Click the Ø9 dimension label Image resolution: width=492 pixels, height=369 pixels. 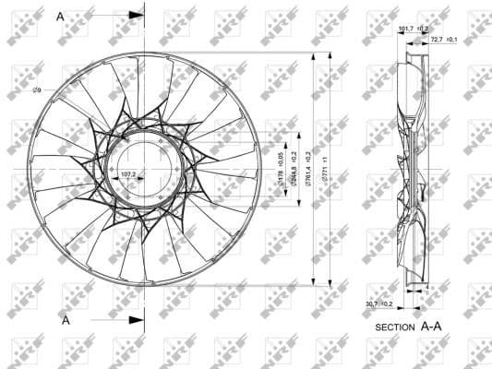[x=36, y=89]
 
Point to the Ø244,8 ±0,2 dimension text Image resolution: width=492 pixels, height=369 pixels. [x=294, y=170]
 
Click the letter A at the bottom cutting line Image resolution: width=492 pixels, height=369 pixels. [x=66, y=319]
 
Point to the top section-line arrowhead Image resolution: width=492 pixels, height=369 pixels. [x=138, y=16]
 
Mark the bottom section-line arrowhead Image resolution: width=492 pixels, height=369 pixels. [x=138, y=319]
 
